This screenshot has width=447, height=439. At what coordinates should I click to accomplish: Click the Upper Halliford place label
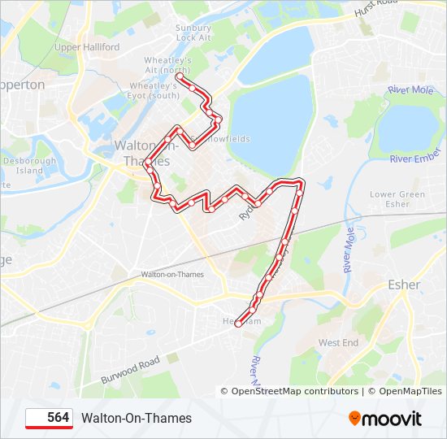pos(86,47)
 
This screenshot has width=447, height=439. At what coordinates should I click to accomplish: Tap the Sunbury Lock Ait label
pos(193,33)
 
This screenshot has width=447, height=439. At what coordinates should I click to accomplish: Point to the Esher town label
pos(404,285)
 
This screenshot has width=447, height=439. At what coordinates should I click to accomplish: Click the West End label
pos(338,343)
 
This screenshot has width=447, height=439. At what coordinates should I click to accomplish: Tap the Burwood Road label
pos(130,371)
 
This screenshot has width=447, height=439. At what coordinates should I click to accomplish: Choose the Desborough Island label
pos(29,166)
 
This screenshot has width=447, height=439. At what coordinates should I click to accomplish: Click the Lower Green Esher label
pos(397,199)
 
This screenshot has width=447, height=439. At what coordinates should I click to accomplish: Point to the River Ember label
pos(414,159)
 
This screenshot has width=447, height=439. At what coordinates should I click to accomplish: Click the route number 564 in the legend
pos(58,418)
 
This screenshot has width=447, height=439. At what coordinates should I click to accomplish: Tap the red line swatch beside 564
pos(36,418)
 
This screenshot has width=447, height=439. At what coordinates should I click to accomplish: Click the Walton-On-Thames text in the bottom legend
pos(137,418)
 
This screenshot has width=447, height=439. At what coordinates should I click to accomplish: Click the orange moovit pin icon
pos(354,418)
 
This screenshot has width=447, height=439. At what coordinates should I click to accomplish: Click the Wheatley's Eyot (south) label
pos(154,90)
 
